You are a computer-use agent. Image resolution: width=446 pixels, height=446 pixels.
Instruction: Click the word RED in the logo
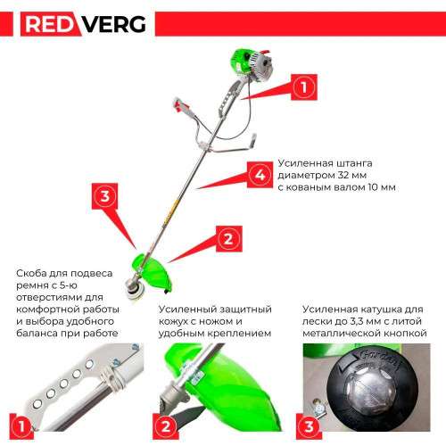(x=49, y=24)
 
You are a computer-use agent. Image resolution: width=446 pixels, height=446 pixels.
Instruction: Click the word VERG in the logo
(x=114, y=24)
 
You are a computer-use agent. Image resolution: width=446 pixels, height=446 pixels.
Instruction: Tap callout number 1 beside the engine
(x=304, y=87)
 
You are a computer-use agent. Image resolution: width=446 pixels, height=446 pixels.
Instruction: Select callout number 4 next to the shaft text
(x=260, y=175)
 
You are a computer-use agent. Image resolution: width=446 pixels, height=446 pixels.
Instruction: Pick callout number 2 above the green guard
(x=228, y=239)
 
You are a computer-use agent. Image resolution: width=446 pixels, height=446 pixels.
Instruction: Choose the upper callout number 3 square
(x=105, y=196)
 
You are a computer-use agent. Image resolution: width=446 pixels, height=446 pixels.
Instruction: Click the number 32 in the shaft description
(x=343, y=175)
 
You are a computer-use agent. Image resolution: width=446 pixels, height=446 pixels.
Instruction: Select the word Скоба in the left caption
(x=31, y=273)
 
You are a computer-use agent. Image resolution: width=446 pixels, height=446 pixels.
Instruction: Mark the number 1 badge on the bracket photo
(x=21, y=426)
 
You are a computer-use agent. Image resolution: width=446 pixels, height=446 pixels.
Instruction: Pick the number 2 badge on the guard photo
(x=166, y=426)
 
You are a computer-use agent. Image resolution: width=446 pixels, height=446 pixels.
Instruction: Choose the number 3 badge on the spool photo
(x=309, y=426)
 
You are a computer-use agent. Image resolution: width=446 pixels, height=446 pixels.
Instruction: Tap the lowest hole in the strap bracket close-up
(x=37, y=404)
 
